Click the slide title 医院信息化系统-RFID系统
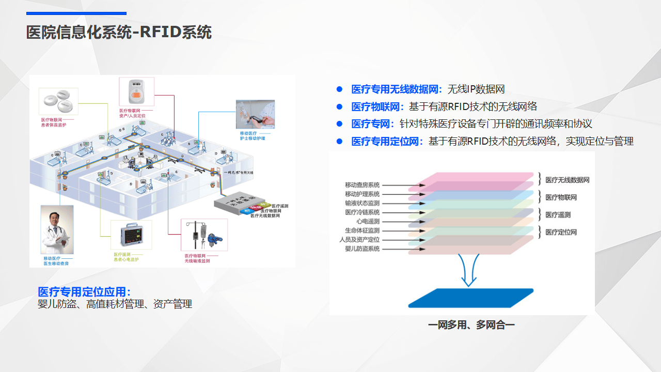pos(119,32)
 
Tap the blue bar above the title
pos(76,13)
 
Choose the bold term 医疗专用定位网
pos(387,141)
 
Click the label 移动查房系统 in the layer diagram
pos(362,185)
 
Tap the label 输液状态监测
pos(362,203)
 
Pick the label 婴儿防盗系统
pos(362,249)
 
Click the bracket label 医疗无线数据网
pos(567,180)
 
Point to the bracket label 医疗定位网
pos(561,233)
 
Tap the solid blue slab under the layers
pos(470,298)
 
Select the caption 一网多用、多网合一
pos(471,325)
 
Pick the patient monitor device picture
pos(131,235)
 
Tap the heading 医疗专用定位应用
pos(84,291)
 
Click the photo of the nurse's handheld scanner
pos(256,114)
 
